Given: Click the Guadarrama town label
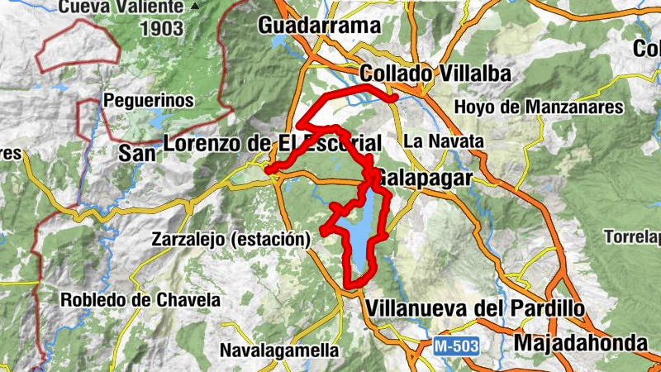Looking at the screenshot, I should pyautogui.click(x=318, y=26).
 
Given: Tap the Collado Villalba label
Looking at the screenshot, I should pyautogui.click(x=435, y=74).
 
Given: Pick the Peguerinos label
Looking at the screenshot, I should pyautogui.click(x=148, y=101).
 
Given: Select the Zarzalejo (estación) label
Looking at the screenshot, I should pyautogui.click(x=231, y=240).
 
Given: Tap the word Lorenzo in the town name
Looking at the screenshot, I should pyautogui.click(x=204, y=143).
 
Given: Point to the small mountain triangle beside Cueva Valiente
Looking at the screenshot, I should pyautogui.click(x=194, y=7).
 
